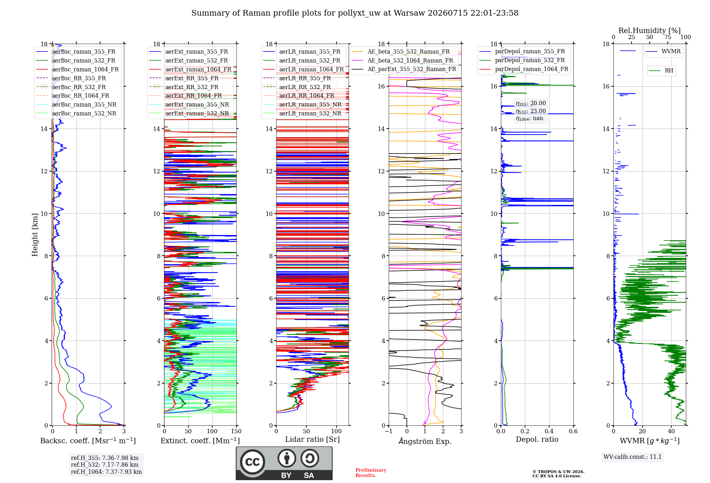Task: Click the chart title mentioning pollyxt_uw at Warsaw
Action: (x=355, y=13)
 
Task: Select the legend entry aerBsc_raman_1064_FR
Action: (x=85, y=69)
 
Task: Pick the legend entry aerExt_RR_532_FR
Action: (x=192, y=87)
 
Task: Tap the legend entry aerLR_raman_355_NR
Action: (x=310, y=104)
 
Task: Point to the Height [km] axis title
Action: (x=35, y=235)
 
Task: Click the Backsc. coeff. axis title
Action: (x=88, y=441)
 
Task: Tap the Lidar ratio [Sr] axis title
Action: (x=312, y=440)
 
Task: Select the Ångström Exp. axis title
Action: (x=425, y=441)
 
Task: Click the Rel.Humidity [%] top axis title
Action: (x=650, y=31)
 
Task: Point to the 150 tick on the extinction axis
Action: (x=236, y=431)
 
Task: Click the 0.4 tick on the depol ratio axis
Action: (x=549, y=431)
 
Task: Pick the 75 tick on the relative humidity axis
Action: (x=668, y=37)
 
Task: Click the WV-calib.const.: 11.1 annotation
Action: (x=633, y=457)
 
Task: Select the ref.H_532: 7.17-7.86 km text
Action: (x=105, y=465)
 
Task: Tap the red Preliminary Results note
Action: (x=371, y=473)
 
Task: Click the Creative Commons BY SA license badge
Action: (x=284, y=463)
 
